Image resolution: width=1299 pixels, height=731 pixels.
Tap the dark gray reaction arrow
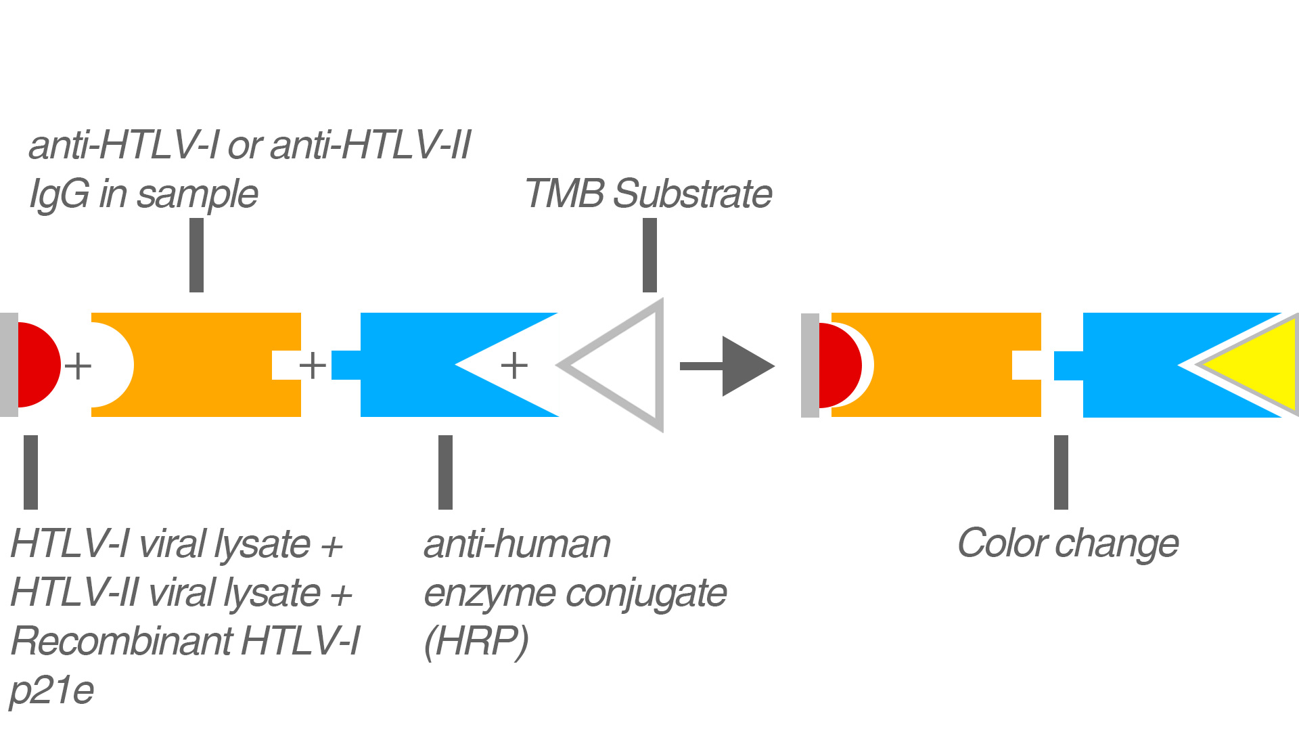tap(727, 366)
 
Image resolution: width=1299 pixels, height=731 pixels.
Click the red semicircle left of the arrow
tap(37, 365)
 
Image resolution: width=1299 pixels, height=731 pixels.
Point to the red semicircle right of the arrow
tap(839, 365)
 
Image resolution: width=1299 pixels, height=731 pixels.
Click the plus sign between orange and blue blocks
tap(313, 365)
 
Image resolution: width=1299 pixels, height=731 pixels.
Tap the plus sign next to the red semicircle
tap(78, 365)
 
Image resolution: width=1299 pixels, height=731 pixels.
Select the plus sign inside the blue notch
tap(514, 365)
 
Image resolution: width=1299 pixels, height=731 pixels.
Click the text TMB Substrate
tap(648, 194)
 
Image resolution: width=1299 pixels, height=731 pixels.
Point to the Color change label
tap(1068, 544)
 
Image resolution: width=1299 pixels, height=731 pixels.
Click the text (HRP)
tap(476, 641)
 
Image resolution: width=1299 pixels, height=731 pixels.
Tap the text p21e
tap(51, 690)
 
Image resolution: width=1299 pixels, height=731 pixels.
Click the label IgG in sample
tap(143, 194)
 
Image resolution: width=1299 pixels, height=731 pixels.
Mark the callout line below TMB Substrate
tap(649, 255)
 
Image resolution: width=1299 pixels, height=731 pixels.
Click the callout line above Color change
tap(1061, 472)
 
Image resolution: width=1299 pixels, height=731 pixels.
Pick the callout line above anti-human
tap(445, 472)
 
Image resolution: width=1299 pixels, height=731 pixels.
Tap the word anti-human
tap(518, 544)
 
